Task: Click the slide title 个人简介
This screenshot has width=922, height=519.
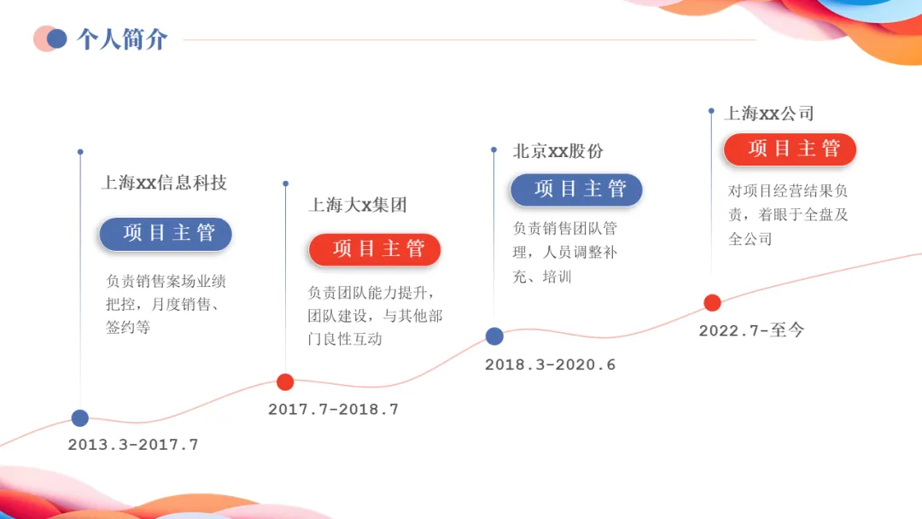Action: pos(122,39)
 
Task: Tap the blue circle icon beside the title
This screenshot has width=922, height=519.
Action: pos(57,38)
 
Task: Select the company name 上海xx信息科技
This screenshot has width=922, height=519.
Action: pos(164,183)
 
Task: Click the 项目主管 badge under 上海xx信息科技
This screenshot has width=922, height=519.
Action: pos(166,234)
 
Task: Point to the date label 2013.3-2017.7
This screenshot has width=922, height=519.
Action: pos(133,445)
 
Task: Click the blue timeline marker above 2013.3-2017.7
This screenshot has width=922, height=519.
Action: pos(80,417)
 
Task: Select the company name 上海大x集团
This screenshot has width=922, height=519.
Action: pos(358,205)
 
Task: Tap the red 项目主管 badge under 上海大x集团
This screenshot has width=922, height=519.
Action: pos(375,249)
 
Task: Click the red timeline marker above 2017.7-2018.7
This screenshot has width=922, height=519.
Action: pos(285,382)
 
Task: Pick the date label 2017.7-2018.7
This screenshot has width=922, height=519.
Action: pos(333,410)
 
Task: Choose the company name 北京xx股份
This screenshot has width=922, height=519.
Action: pos(557,151)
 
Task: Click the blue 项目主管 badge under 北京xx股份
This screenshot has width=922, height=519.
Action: pos(576,190)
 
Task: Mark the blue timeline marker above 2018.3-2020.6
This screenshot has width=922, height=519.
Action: pos(494,336)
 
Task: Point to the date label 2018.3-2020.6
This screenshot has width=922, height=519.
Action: pos(550,364)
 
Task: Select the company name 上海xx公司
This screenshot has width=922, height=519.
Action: pos(768,114)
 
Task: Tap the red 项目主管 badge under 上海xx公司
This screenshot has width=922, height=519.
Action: pos(790,149)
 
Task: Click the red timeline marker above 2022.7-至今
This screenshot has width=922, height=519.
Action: pos(712,302)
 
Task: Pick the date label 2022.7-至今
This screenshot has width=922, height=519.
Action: pos(751,330)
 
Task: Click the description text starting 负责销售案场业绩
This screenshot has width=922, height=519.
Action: pos(166,304)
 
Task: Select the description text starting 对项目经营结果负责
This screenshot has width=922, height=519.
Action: pos(787,215)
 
